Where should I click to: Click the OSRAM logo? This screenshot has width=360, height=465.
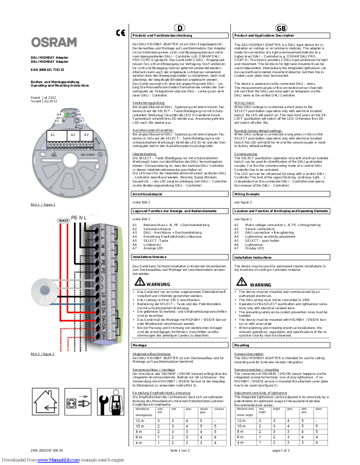click(x=54, y=42)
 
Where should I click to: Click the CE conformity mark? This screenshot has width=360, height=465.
click(x=120, y=33)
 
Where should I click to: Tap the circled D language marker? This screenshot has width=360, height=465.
click(x=180, y=28)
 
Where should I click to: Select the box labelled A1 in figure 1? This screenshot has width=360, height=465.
click(x=53, y=134)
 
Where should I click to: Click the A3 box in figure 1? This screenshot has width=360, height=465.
click(x=86, y=134)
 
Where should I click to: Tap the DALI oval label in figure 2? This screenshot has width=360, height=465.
click(x=63, y=220)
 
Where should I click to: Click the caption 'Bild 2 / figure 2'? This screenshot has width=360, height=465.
click(x=42, y=353)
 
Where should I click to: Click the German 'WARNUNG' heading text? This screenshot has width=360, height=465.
click(x=158, y=284)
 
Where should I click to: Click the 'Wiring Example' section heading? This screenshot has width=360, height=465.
click(x=247, y=193)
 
